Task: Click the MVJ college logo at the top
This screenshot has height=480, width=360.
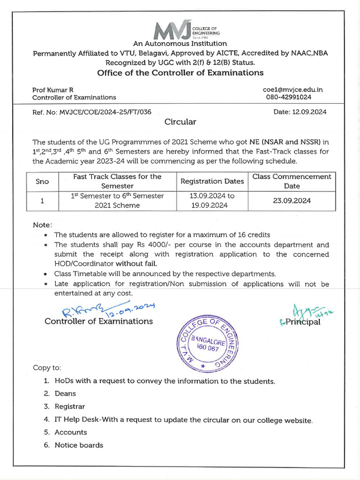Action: click(x=180, y=29)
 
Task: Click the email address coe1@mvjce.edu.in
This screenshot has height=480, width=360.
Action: click(x=293, y=90)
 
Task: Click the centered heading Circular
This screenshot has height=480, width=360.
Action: click(x=180, y=122)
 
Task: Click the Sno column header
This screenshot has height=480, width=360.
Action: click(x=42, y=181)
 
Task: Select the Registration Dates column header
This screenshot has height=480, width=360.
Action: click(x=212, y=181)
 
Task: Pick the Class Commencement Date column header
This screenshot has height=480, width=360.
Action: click(x=292, y=181)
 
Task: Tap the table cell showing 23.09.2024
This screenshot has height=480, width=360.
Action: click(x=292, y=201)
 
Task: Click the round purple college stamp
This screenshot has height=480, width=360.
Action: click(x=203, y=344)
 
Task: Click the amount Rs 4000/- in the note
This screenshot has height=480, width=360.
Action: click(x=133, y=245)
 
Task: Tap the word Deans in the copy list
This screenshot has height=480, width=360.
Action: click(x=65, y=394)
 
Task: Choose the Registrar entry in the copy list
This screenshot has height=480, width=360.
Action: click(x=70, y=406)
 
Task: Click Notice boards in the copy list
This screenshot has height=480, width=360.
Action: click(x=79, y=445)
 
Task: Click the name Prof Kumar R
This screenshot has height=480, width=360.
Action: click(x=52, y=90)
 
